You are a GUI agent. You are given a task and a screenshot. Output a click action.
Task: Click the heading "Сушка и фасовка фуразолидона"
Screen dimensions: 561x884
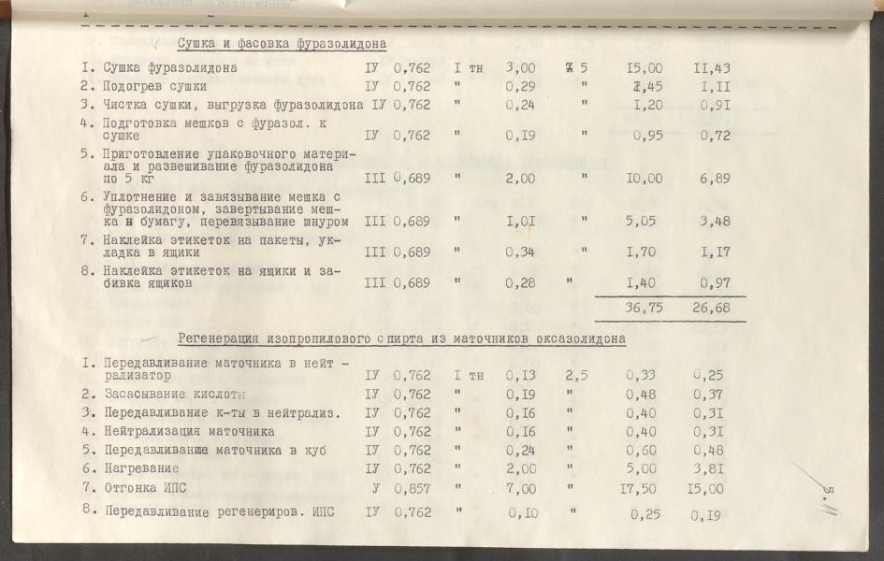(282, 43)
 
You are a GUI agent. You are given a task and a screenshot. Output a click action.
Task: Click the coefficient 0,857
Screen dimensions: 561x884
(412, 487)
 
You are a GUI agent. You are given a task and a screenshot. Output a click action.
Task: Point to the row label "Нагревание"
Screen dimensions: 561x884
(142, 468)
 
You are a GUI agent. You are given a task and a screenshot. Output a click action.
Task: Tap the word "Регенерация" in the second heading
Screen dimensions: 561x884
(221, 338)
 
